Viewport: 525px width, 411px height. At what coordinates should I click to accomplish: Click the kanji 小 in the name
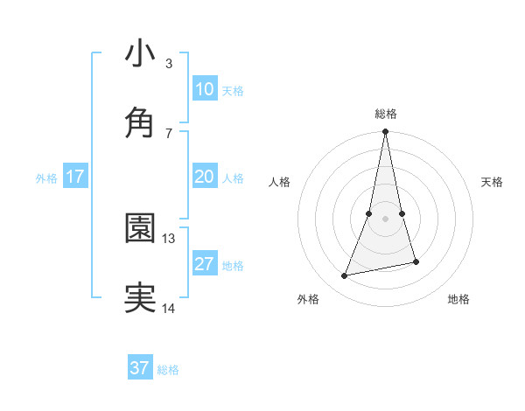(140, 53)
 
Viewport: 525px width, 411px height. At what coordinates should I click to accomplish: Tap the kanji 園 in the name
(140, 227)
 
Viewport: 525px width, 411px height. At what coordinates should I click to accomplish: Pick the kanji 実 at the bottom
(140, 296)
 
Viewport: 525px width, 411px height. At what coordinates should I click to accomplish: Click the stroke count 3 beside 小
(168, 63)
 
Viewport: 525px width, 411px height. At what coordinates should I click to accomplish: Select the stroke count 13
(169, 238)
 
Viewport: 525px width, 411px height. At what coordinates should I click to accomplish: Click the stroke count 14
(169, 307)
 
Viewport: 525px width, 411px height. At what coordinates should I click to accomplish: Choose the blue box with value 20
(204, 177)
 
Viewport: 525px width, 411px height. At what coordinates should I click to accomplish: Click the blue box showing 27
(204, 264)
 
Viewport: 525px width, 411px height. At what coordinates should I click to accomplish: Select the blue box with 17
(74, 177)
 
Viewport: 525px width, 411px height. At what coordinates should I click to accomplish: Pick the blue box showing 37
(140, 368)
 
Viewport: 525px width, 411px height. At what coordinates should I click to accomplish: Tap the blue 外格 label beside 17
(46, 178)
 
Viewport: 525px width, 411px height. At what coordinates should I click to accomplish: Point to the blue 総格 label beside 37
(168, 370)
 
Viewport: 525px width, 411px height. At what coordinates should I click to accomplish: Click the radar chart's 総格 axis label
(385, 114)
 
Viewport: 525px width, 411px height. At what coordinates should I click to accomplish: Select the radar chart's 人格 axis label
(280, 182)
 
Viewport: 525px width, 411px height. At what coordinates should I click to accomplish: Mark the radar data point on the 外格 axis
(345, 276)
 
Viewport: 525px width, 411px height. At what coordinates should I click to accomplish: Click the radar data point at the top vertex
(385, 132)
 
